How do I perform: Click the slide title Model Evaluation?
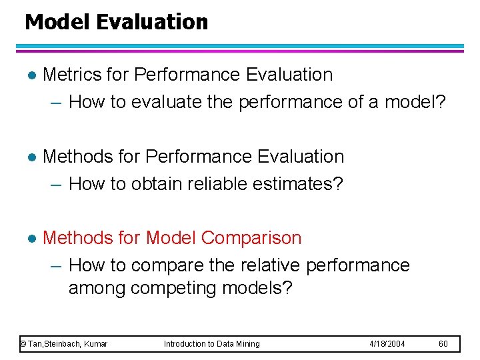tap(116, 22)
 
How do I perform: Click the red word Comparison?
tap(251, 238)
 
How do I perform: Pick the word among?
tap(97, 289)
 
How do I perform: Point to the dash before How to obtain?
tap(57, 184)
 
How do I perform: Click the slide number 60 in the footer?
tap(444, 344)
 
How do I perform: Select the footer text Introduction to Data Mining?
tap(212, 344)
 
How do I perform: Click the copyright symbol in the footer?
tap(23, 344)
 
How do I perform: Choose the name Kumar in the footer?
tap(95, 344)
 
